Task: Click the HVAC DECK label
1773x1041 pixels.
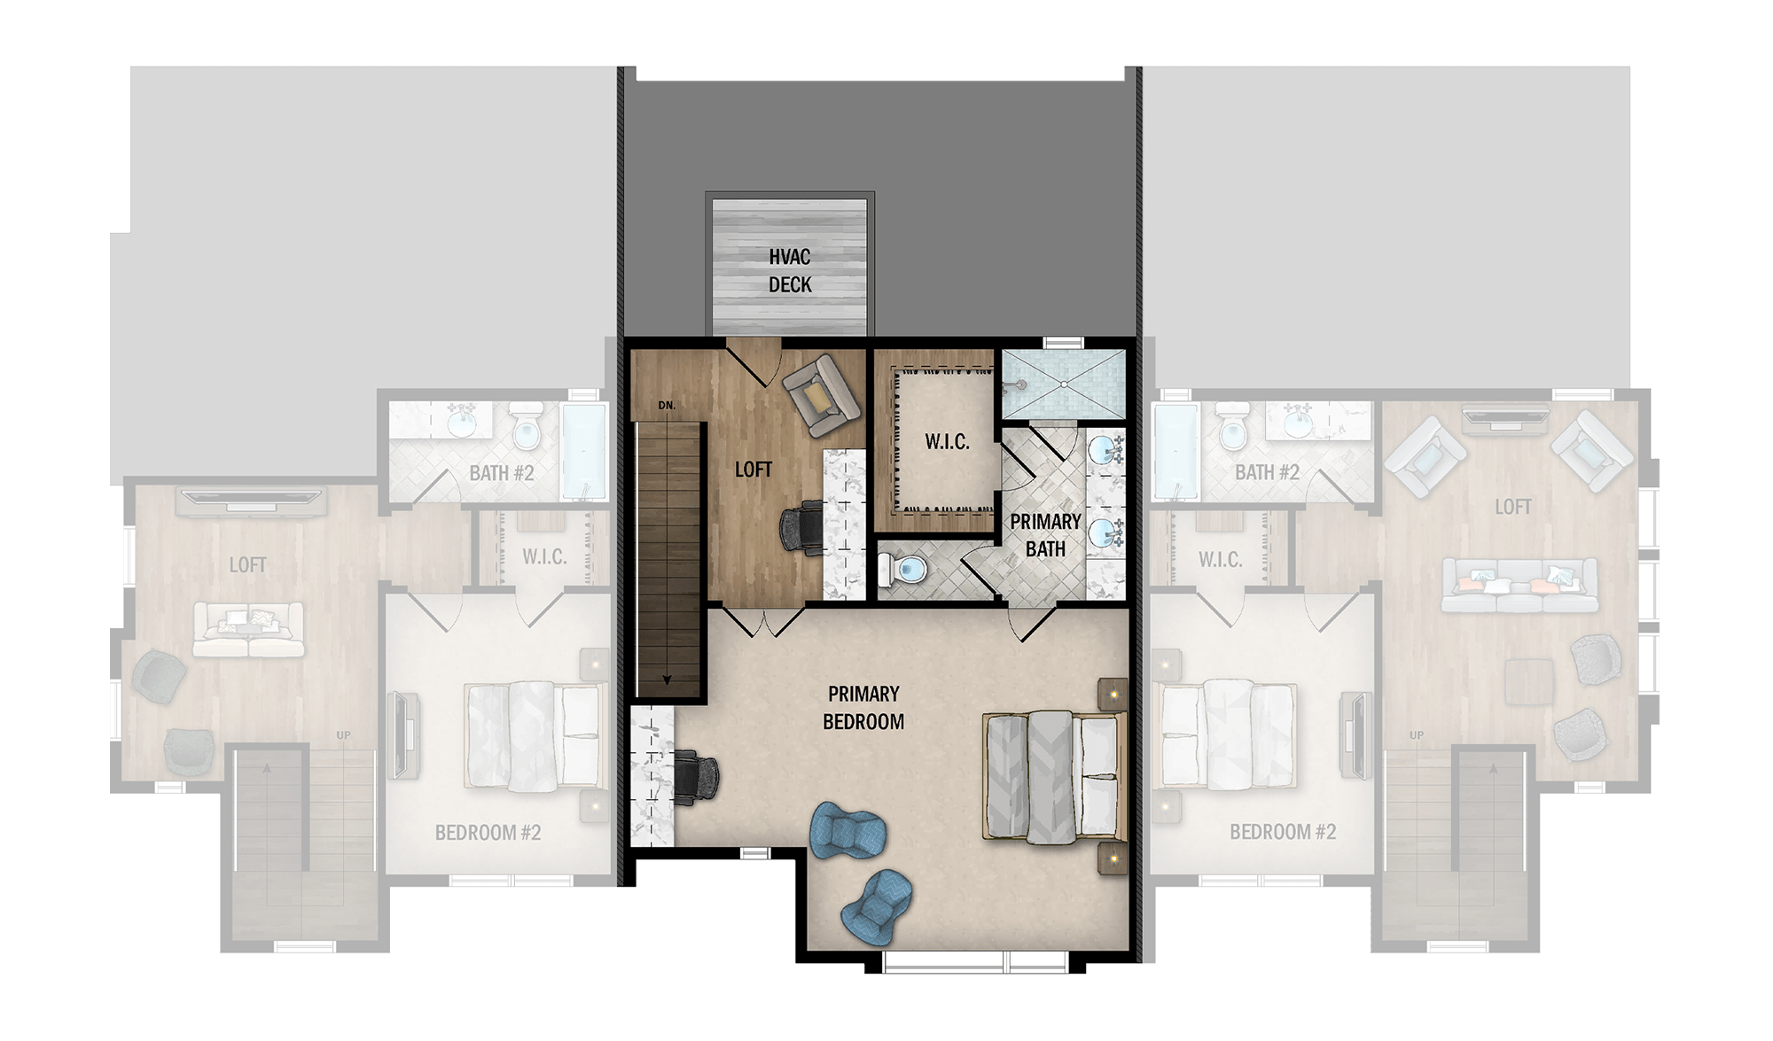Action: point(790,270)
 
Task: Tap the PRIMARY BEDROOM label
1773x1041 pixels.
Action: point(863,707)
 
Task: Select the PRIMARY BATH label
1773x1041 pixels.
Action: point(1045,535)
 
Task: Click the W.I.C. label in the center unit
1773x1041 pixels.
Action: point(947,441)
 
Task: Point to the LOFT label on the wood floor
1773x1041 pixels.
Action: point(754,470)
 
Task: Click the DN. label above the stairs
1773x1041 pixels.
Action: point(667,406)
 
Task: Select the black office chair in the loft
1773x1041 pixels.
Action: point(801,528)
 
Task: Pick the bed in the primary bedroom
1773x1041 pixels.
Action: point(1054,775)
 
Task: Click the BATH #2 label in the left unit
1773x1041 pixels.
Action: point(502,473)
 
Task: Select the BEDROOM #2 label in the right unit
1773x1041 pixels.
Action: point(1282,832)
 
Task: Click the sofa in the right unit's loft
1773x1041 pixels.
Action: point(1519,586)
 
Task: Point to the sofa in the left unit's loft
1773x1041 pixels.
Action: point(248,630)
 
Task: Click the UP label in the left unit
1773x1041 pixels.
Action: point(344,735)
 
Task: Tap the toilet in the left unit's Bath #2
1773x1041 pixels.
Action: point(527,427)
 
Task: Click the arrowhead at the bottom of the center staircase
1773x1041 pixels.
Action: point(668,680)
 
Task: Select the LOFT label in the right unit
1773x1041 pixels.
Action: point(1513,507)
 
